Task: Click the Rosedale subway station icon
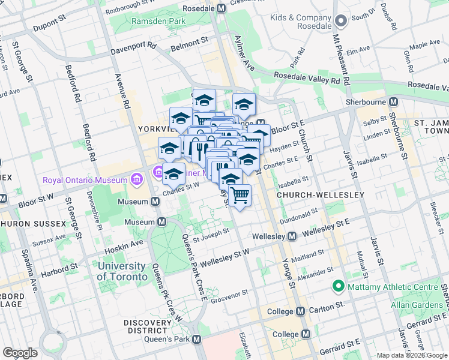[x=221, y=8]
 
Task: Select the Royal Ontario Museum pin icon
[x=136, y=180]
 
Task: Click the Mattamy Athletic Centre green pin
[x=339, y=287]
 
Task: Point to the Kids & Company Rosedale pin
[x=341, y=22]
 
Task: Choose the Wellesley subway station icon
[x=291, y=236]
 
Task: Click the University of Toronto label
[x=122, y=271]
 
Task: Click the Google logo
[x=20, y=353]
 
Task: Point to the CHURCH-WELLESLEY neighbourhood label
[x=321, y=196]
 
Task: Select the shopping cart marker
[x=240, y=195]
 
